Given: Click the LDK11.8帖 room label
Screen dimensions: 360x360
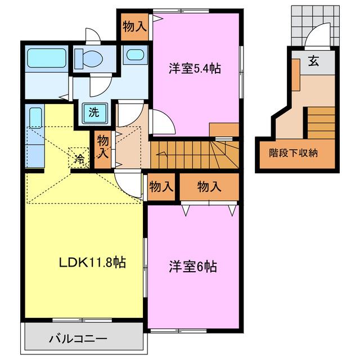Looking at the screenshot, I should (x=92, y=262).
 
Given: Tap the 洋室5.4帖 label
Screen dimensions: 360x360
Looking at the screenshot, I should (x=195, y=69).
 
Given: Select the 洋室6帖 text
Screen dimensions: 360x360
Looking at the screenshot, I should (x=193, y=266).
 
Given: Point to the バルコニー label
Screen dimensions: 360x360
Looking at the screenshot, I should (x=77, y=339).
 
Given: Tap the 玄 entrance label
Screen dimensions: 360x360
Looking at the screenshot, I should (x=313, y=62).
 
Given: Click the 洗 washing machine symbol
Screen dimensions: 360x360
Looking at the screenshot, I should (x=94, y=112).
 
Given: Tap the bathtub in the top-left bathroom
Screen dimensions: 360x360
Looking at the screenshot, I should (x=45, y=58).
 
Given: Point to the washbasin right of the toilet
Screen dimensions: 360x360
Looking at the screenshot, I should (x=134, y=55).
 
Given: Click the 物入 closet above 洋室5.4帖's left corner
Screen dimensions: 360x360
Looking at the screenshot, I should (x=135, y=26).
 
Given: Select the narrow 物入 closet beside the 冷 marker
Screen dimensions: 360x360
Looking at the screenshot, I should (x=102, y=146).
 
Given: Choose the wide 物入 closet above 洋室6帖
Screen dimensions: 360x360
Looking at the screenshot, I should (x=209, y=187).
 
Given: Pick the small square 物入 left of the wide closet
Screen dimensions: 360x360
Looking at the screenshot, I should (x=161, y=187).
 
